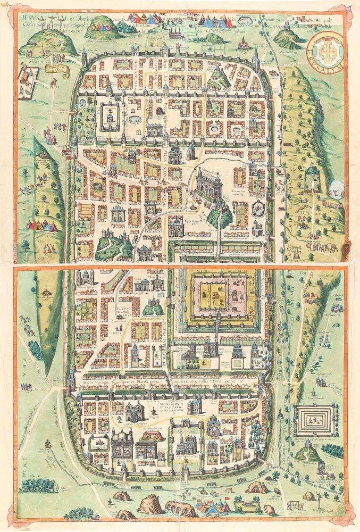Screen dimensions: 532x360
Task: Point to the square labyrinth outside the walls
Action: [x=314, y=422]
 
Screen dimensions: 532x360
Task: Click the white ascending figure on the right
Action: [x=336, y=187]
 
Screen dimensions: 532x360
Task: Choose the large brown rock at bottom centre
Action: [x=151, y=503]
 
